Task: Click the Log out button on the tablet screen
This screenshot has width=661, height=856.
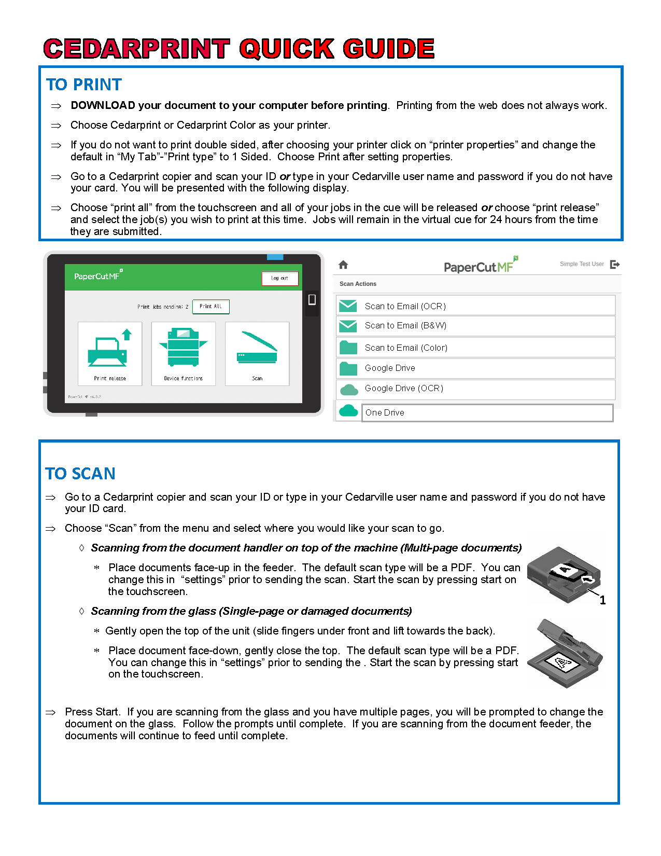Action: pos(280,279)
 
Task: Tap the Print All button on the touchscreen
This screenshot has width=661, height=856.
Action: pos(210,307)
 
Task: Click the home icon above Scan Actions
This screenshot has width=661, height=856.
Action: pos(343,265)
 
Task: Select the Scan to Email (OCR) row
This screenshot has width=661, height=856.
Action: pos(475,306)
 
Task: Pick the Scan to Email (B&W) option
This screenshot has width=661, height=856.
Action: pos(475,326)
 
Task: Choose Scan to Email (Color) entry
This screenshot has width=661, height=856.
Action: pos(475,348)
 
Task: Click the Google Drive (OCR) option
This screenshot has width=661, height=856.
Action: pos(475,389)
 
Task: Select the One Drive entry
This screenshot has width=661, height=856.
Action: pos(487,413)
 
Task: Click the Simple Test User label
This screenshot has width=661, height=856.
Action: pos(582,264)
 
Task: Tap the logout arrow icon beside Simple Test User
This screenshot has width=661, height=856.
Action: pos(615,265)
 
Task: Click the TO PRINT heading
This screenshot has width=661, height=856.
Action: pos(84,85)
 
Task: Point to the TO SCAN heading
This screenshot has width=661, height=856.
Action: pos(80,474)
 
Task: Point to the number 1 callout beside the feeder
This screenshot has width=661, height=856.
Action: pos(602,600)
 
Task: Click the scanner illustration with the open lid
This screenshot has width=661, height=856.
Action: pos(565,654)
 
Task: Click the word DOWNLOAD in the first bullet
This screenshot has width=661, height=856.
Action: pos(103,105)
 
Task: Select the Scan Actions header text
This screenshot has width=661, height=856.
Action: pos(358,284)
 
